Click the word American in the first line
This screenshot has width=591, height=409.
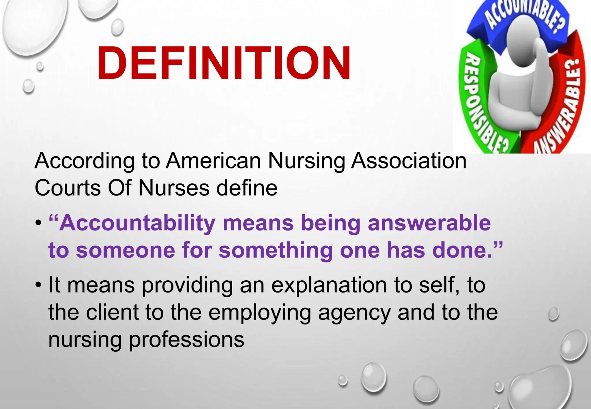pos(213,161)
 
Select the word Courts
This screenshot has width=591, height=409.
pos(68,188)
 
